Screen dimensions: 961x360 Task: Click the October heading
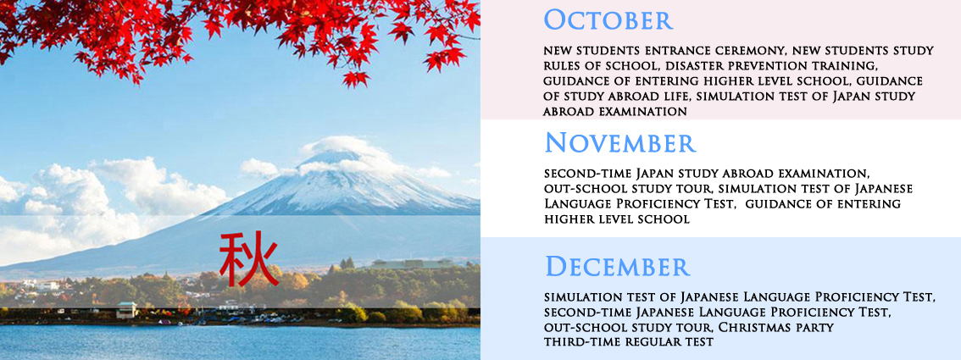click(608, 19)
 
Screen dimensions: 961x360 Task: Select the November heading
click(620, 142)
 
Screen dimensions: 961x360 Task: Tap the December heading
click(618, 267)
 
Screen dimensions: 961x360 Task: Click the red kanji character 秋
click(249, 259)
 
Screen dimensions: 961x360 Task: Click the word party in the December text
click(816, 328)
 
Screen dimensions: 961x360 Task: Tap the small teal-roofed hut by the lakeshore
click(127, 310)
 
